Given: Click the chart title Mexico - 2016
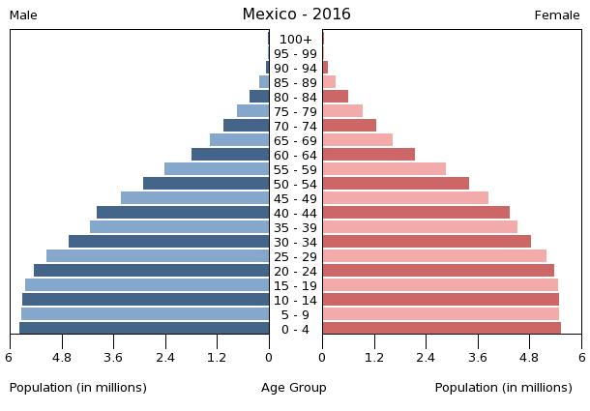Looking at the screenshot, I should [296, 15].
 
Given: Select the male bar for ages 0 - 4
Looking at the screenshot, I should [144, 329].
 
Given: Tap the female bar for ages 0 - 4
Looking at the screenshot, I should [441, 329].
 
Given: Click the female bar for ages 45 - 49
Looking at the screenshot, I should [405, 198].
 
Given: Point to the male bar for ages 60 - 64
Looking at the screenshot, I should [230, 155].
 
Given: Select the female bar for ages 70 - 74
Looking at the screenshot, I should [349, 126].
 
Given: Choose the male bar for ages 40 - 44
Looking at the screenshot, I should [183, 213].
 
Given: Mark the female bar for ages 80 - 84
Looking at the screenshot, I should [336, 97].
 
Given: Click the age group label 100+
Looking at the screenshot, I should [295, 40].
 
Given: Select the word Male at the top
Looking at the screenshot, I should [23, 15].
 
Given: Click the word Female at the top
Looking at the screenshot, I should [557, 15].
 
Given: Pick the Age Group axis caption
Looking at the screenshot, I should [294, 388].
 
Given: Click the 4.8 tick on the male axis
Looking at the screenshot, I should [62, 357].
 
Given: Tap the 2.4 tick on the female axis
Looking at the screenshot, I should [426, 357].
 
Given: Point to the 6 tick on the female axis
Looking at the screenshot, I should [581, 357].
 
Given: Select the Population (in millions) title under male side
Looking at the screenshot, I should [78, 388].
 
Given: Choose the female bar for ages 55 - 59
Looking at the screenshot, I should [384, 169].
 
